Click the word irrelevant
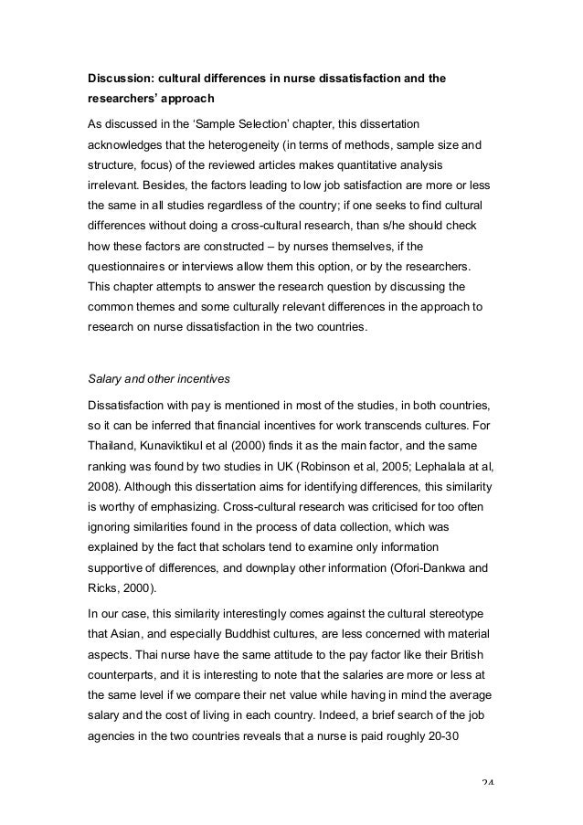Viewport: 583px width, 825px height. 114,190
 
